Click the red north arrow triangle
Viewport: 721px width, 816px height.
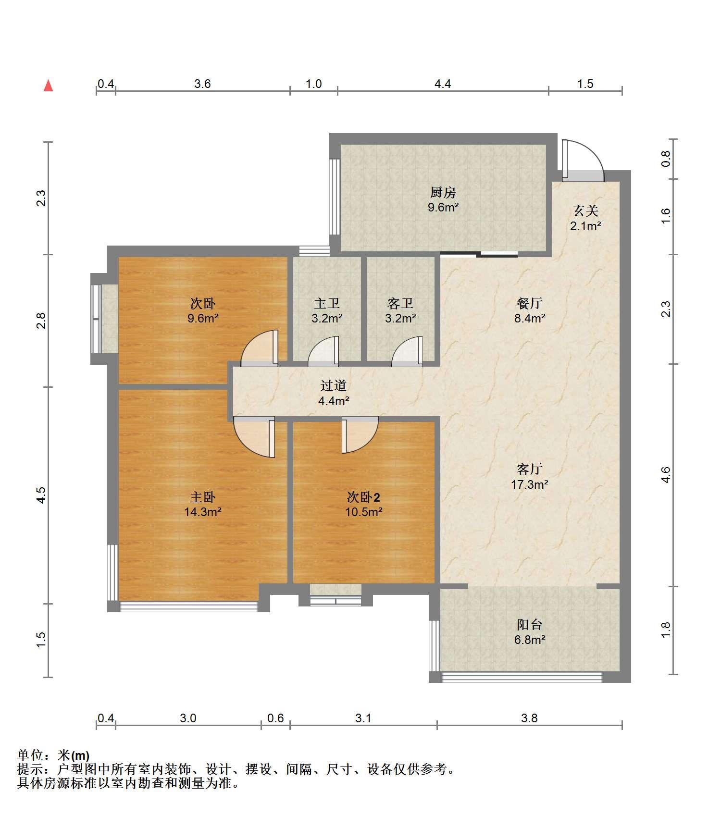(x=48, y=86)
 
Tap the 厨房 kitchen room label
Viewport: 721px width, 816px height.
(x=443, y=193)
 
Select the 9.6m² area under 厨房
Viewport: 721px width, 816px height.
(x=443, y=208)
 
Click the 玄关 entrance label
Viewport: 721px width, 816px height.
(x=585, y=210)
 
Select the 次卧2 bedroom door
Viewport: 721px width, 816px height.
(x=360, y=435)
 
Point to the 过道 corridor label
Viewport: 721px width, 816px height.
(x=334, y=385)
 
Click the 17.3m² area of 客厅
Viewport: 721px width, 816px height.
(x=529, y=484)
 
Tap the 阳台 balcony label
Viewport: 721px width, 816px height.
(x=529, y=624)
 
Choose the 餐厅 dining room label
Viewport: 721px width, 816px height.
(x=529, y=303)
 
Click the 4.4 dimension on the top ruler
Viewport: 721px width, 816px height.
(x=443, y=84)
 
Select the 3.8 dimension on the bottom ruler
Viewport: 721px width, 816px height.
(x=529, y=718)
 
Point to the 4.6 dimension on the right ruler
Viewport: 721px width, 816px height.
(x=666, y=475)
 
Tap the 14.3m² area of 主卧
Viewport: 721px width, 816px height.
(x=202, y=512)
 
